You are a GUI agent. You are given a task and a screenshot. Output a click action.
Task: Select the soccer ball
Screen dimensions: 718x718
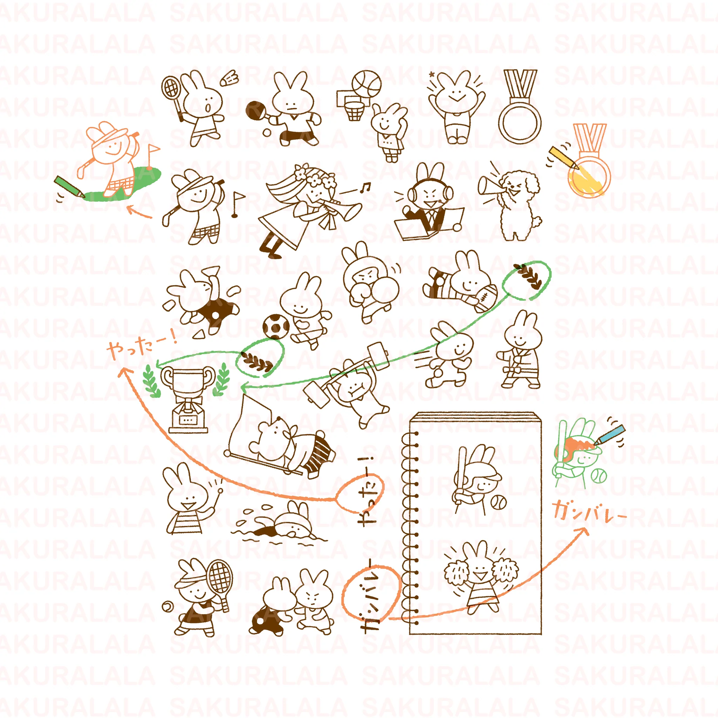tap(276, 326)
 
